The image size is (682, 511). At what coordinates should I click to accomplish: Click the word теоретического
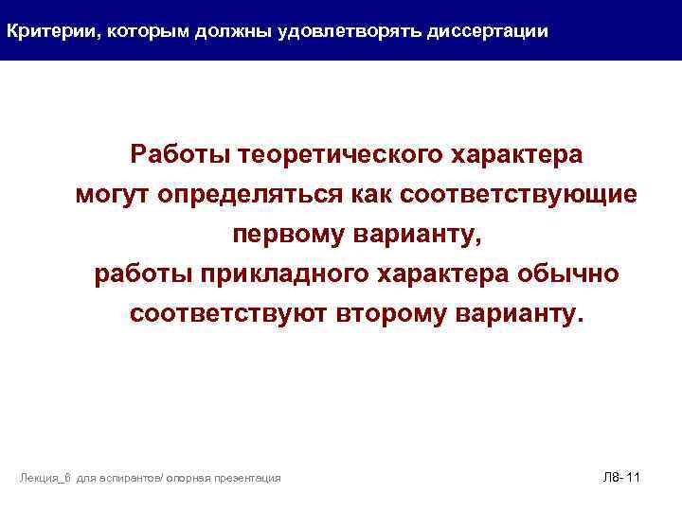344,152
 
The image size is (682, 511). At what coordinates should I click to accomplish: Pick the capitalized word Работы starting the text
181,152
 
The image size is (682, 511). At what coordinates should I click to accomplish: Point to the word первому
286,233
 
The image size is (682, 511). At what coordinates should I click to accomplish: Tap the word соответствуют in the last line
228,313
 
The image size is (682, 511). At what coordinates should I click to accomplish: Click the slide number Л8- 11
621,477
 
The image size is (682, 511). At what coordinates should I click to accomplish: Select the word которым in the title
143,31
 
